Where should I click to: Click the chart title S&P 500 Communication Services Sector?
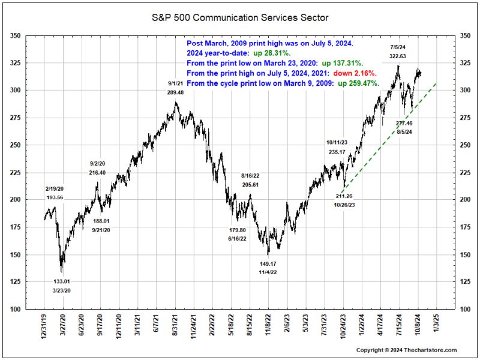click(x=240, y=17)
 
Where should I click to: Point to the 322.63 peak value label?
click(x=398, y=56)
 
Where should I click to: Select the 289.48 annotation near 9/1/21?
click(x=175, y=93)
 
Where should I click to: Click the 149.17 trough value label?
click(x=268, y=263)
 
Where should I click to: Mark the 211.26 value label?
click(x=344, y=196)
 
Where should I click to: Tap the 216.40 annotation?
click(x=98, y=173)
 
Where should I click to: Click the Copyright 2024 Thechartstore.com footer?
click(x=406, y=350)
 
